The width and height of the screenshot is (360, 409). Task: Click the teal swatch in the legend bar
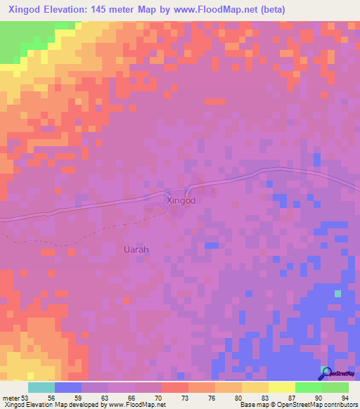pos(41,387)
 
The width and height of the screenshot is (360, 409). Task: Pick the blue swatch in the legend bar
pos(68,387)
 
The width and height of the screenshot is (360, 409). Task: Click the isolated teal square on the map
pos(338,293)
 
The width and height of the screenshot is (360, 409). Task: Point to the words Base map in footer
pos(252,404)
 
